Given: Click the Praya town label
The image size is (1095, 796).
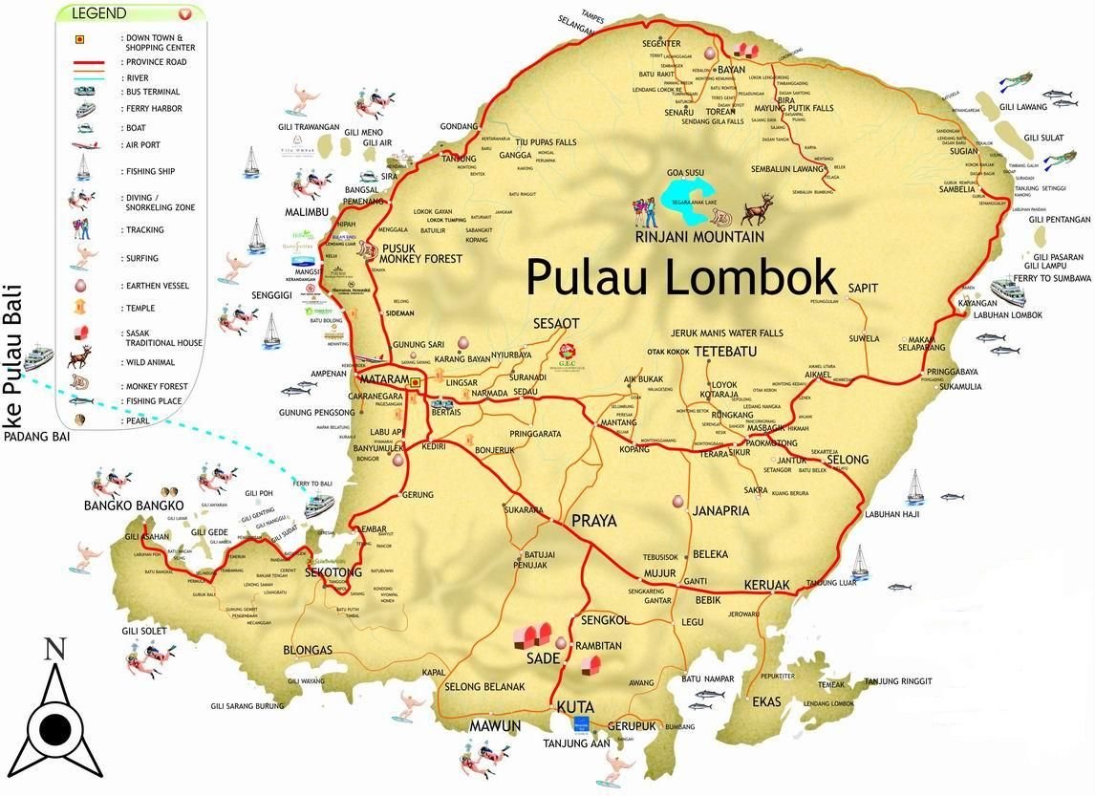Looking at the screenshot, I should coord(593,521).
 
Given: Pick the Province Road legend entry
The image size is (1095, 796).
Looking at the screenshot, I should coord(154,62).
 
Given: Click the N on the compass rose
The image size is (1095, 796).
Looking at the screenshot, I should coord(55,651).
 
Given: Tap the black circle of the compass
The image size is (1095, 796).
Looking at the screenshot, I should coord(55,728).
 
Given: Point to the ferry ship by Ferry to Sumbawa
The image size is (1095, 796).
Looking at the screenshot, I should coord(1007,291).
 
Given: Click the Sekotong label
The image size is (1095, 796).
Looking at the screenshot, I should coord(333,571).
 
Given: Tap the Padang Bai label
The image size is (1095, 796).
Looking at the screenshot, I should coord(32,436).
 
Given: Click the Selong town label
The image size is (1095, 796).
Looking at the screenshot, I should coord(848,460).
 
